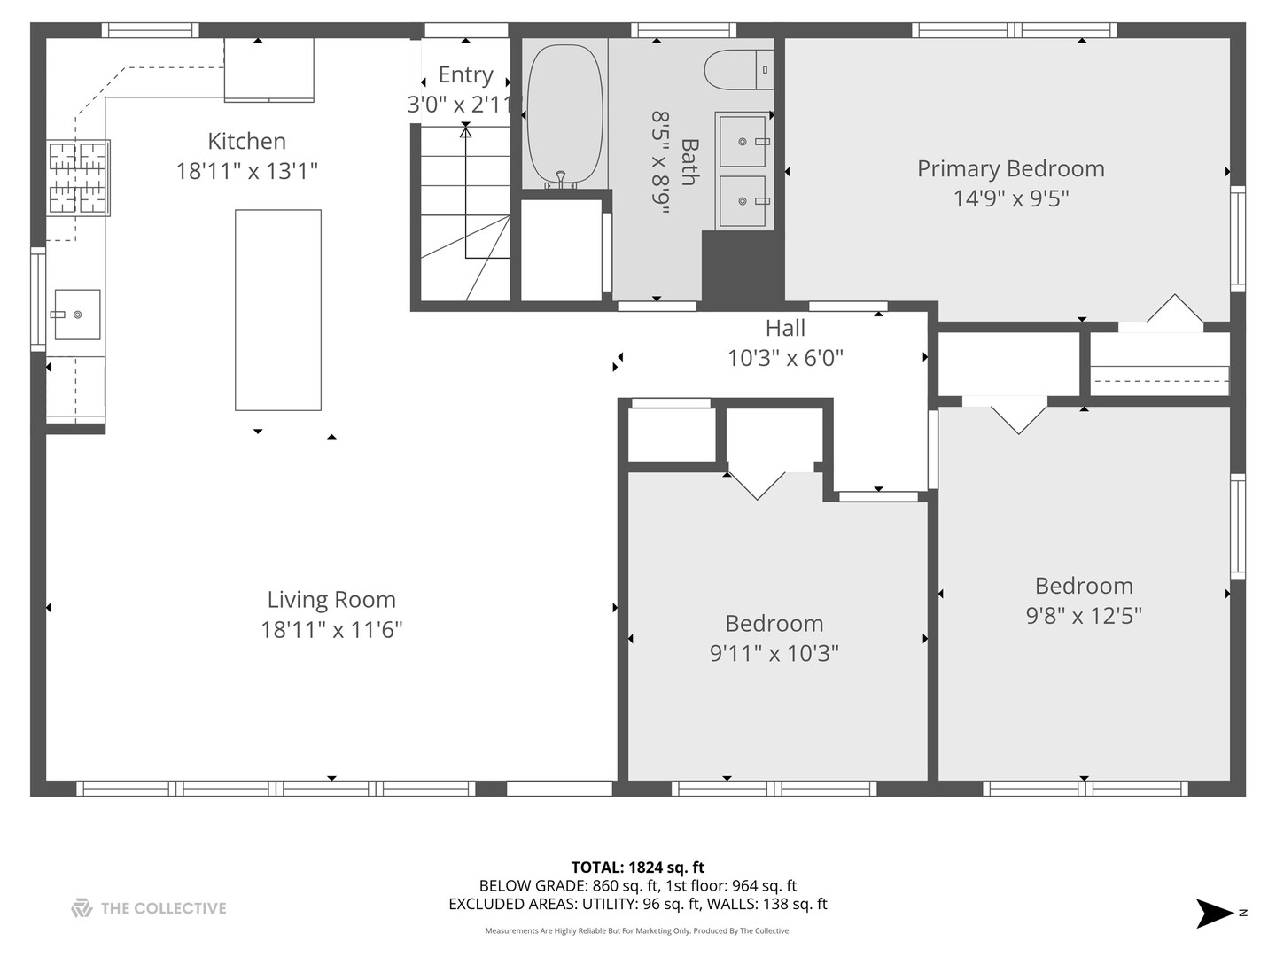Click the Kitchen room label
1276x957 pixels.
click(246, 141)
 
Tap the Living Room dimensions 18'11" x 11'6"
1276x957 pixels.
click(331, 630)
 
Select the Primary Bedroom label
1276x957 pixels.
click(1010, 168)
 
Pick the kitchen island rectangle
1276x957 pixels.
click(277, 310)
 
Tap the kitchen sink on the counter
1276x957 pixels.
click(77, 315)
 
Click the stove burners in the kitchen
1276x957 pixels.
click(78, 177)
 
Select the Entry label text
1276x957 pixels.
click(465, 74)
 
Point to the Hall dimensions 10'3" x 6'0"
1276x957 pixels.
click(785, 358)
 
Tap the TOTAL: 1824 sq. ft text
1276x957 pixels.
click(637, 868)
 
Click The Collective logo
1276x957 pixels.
click(149, 908)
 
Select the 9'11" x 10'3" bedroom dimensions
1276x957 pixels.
click(774, 654)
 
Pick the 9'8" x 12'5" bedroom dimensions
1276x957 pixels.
click(1084, 616)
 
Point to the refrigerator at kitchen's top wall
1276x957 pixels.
click(268, 69)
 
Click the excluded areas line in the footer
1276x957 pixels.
click(637, 904)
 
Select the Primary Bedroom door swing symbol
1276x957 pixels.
click(1175, 309)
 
